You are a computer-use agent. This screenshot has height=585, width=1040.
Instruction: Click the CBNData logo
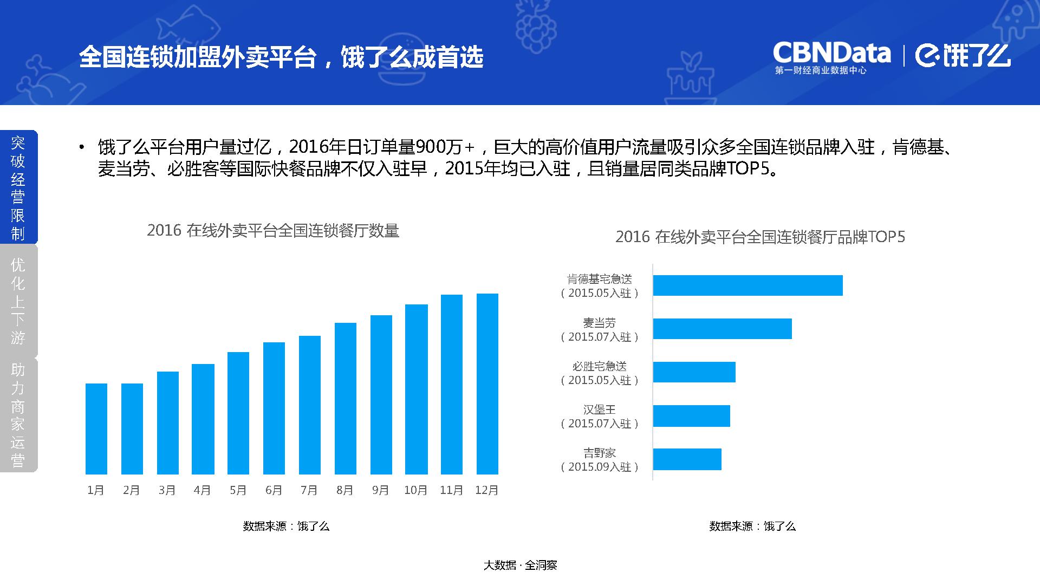831,57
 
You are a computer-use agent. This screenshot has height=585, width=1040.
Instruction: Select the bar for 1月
96,429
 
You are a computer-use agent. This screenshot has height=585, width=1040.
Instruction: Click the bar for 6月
274,408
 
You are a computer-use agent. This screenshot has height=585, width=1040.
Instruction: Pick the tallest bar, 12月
487,384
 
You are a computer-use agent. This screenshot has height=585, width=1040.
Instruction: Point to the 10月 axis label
415,490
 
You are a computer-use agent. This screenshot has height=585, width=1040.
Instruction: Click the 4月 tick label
202,490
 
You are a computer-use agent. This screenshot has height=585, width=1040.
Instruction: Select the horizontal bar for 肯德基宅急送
748,285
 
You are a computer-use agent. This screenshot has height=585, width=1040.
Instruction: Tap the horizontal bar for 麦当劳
723,329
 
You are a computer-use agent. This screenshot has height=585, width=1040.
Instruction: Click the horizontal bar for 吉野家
687,459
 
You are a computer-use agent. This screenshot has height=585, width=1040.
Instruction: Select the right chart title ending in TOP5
760,237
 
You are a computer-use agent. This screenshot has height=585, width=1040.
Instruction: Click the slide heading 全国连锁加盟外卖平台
197,57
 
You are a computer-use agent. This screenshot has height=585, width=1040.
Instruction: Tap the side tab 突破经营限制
18,187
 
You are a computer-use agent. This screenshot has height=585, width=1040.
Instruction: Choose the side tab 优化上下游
18,301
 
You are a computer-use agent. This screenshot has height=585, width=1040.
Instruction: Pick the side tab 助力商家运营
18,414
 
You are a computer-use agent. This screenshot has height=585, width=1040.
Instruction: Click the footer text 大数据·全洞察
520,565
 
